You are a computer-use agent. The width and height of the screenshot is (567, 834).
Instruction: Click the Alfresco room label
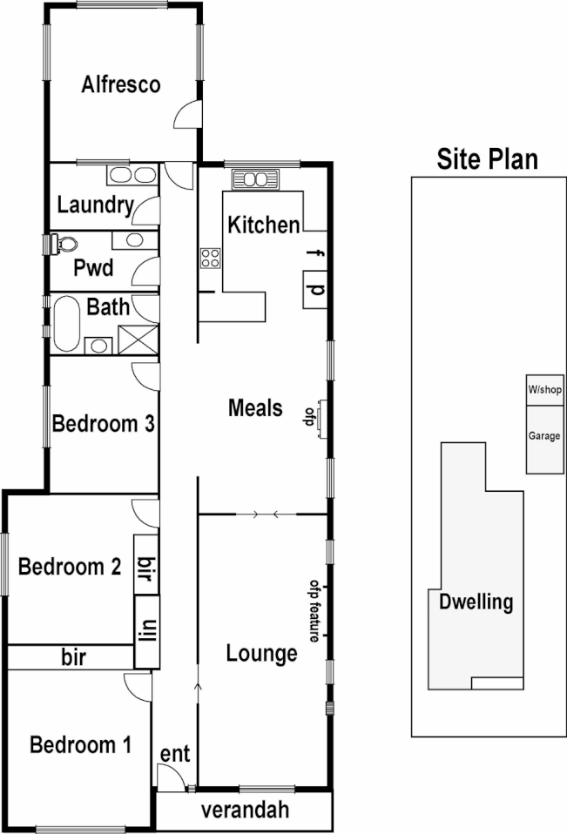(121, 84)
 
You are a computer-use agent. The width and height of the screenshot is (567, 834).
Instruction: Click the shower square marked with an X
(137, 339)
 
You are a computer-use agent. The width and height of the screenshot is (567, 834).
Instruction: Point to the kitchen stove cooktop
(210, 257)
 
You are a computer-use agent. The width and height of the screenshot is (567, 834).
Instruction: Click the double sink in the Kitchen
(254, 180)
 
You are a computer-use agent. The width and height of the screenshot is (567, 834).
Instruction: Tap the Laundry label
(95, 206)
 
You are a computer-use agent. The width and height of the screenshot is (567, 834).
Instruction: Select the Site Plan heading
(487, 158)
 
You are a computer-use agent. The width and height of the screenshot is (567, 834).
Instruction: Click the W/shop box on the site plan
(543, 389)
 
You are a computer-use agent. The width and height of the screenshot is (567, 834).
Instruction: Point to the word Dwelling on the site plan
(476, 602)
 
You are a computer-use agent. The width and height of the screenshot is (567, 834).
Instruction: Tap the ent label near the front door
(174, 753)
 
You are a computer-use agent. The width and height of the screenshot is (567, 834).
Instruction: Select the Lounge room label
(261, 653)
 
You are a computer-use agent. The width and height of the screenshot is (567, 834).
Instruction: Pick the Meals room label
(255, 407)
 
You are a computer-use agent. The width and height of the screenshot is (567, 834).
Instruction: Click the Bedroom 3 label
(104, 424)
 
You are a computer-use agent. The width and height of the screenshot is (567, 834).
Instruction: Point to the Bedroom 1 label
(80, 745)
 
